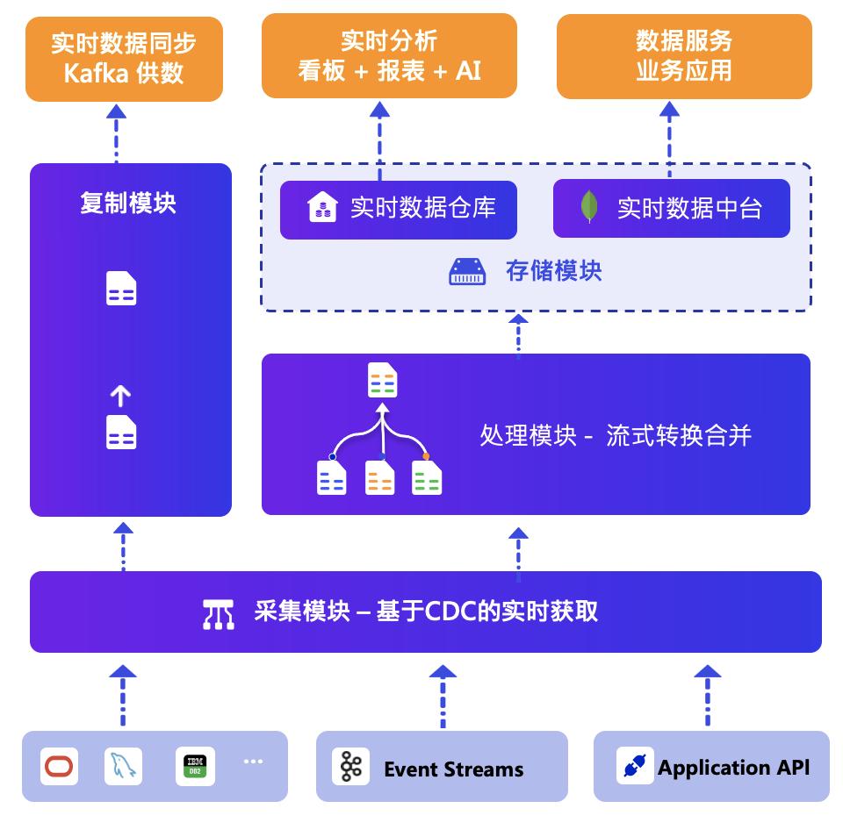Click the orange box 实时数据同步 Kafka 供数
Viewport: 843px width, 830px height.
click(x=124, y=58)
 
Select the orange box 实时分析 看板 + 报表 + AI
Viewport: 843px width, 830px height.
click(x=389, y=55)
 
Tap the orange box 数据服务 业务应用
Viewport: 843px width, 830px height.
click(x=684, y=55)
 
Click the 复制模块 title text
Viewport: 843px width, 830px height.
click(x=128, y=204)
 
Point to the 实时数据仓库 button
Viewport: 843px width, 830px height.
click(x=398, y=208)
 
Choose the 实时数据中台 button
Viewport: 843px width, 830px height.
click(x=671, y=208)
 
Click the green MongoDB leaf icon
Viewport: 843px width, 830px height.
click(x=589, y=208)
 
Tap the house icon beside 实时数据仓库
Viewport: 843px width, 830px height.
click(x=322, y=208)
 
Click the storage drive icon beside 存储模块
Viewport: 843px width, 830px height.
click(x=466, y=271)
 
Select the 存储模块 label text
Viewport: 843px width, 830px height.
click(x=553, y=271)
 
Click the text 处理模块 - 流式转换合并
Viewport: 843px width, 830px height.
click(x=615, y=435)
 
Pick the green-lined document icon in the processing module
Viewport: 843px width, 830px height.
click(x=427, y=478)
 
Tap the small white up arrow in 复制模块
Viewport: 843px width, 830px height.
click(x=120, y=397)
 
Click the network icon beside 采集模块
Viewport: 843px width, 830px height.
click(x=218, y=613)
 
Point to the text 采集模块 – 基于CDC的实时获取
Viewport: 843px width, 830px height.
click(x=426, y=612)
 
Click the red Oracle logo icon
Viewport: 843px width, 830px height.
click(x=60, y=766)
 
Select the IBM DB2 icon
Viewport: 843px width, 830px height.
click(x=194, y=766)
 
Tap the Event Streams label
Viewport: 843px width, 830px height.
click(x=453, y=769)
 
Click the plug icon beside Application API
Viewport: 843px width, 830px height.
click(x=634, y=766)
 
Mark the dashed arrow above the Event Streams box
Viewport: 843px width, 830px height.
click(x=443, y=697)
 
